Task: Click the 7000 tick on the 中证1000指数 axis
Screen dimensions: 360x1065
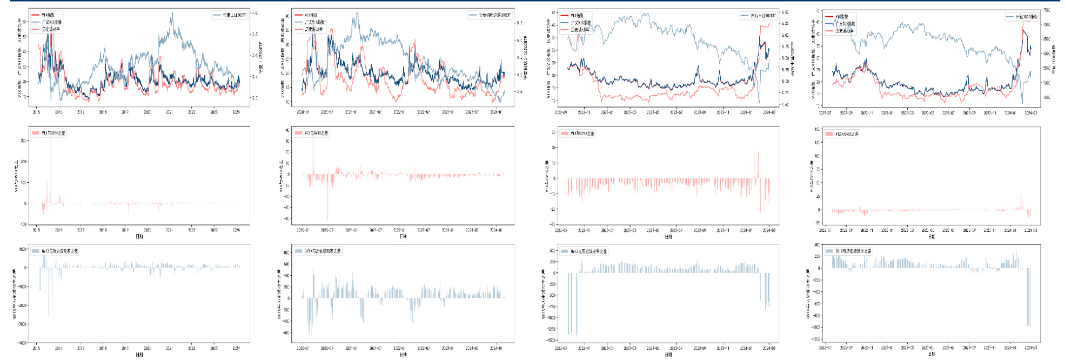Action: (1047, 25)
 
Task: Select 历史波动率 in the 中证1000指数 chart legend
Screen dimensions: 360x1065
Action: (844, 31)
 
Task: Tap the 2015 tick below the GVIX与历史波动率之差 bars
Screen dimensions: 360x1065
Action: (36, 348)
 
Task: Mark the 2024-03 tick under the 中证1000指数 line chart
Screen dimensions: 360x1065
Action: (1030, 113)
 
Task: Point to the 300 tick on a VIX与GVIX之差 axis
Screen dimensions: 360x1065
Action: (24, 141)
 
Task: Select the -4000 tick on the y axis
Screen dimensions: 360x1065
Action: (22, 343)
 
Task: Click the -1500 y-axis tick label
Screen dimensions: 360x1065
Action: (551, 341)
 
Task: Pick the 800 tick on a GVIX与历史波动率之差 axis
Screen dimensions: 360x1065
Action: (286, 252)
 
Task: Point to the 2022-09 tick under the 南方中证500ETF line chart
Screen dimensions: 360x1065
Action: (560, 112)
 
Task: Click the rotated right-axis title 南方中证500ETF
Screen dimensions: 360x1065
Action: (793, 58)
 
